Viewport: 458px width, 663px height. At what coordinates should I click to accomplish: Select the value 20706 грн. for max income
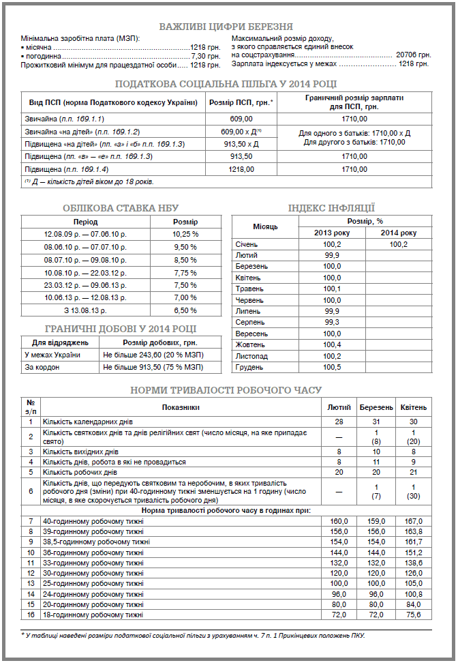click(x=413, y=54)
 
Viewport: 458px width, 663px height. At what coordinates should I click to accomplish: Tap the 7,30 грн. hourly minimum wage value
click(x=206, y=56)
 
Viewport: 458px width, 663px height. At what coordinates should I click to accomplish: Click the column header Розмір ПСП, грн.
click(x=239, y=102)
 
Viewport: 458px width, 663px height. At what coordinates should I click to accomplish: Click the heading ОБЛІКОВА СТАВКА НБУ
click(x=121, y=208)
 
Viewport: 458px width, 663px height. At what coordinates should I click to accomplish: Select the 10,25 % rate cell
click(x=185, y=234)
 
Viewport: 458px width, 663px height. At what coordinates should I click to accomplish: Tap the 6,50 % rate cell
click(x=185, y=310)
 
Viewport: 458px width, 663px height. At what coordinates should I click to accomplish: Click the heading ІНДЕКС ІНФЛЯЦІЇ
click(x=331, y=208)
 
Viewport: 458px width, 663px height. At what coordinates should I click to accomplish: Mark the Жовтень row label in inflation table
click(x=251, y=344)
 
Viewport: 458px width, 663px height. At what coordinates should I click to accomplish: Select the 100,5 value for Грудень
click(x=332, y=367)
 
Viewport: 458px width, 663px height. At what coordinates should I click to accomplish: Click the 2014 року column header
click(x=399, y=233)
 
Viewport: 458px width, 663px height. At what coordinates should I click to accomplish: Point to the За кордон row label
click(x=42, y=366)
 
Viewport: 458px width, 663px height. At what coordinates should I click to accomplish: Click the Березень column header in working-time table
click(x=376, y=407)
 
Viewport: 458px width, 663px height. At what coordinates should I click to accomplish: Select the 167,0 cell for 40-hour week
click(x=414, y=521)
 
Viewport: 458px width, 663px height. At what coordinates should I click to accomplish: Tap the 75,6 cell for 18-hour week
click(x=414, y=615)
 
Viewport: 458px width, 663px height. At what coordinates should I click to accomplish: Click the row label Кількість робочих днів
click(x=80, y=472)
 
